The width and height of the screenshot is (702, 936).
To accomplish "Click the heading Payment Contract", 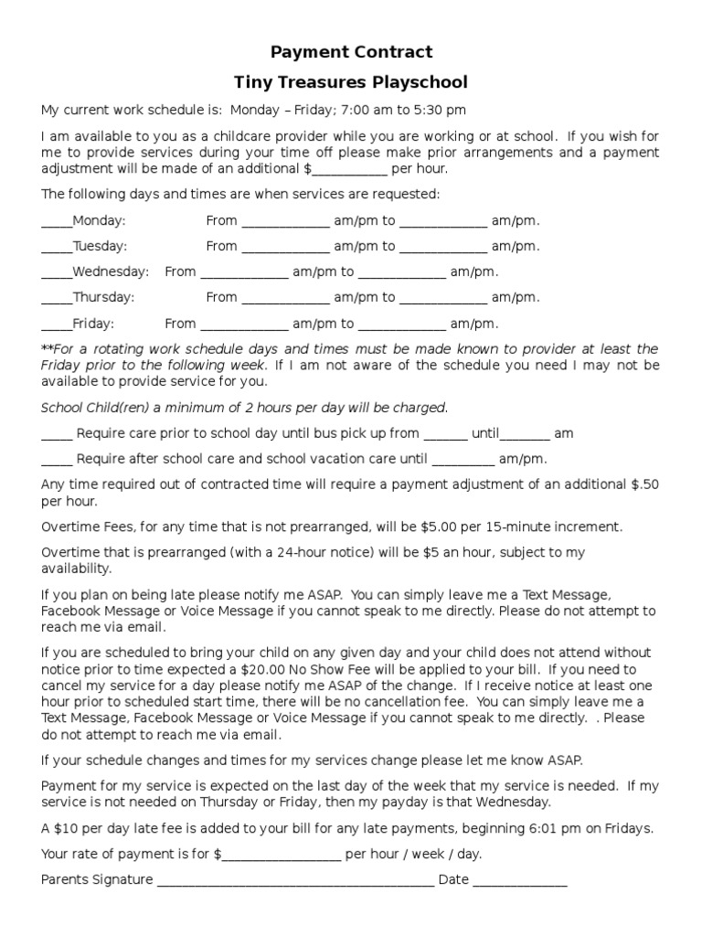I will [x=351, y=52].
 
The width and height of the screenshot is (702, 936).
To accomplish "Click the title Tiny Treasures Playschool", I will [x=351, y=82].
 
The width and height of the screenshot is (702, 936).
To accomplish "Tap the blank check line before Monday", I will [x=56, y=222].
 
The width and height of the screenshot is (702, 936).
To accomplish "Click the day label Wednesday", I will [x=110, y=271].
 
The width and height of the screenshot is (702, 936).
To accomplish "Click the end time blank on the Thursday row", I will [x=442, y=299].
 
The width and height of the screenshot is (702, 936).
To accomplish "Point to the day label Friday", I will [x=93, y=324].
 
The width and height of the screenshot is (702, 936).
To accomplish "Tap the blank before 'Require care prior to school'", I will [x=56, y=435].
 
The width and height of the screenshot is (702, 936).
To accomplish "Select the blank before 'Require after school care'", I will [x=56, y=461].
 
